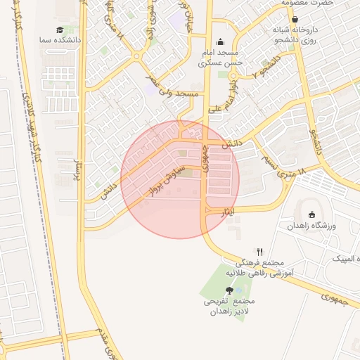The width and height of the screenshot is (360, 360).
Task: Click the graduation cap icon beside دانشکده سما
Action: coord(60,30)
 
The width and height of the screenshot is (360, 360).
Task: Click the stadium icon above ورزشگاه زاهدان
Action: coord(312,214)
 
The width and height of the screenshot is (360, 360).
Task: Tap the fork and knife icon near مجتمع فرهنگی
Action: coord(259,251)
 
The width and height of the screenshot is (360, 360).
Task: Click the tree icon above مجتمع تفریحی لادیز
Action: coord(229,290)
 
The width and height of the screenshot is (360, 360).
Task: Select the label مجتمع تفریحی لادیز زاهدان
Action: coord(229,306)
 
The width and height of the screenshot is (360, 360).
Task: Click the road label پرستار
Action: coord(72,167)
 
